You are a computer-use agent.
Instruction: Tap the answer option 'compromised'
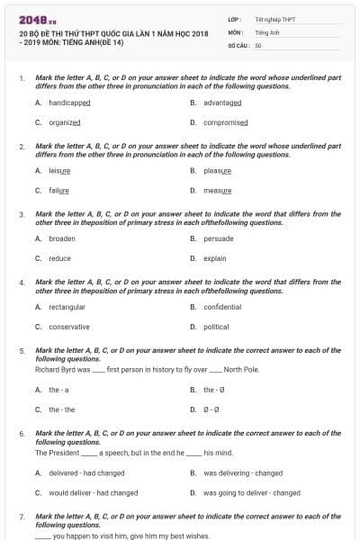225,122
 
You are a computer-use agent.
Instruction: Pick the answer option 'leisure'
59,170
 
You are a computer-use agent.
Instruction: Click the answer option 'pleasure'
217,170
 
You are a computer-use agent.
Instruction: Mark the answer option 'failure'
58,190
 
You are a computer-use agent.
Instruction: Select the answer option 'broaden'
62,238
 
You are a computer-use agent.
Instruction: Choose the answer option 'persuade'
218,238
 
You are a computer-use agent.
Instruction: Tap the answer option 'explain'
214,258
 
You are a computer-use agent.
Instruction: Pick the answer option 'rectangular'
67,307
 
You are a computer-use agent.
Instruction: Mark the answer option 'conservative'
68,327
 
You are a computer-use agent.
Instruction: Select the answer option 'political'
216,327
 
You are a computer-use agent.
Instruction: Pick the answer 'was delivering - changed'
242,472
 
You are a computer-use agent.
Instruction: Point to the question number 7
21,517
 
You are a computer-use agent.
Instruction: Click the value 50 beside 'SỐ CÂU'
258,44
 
